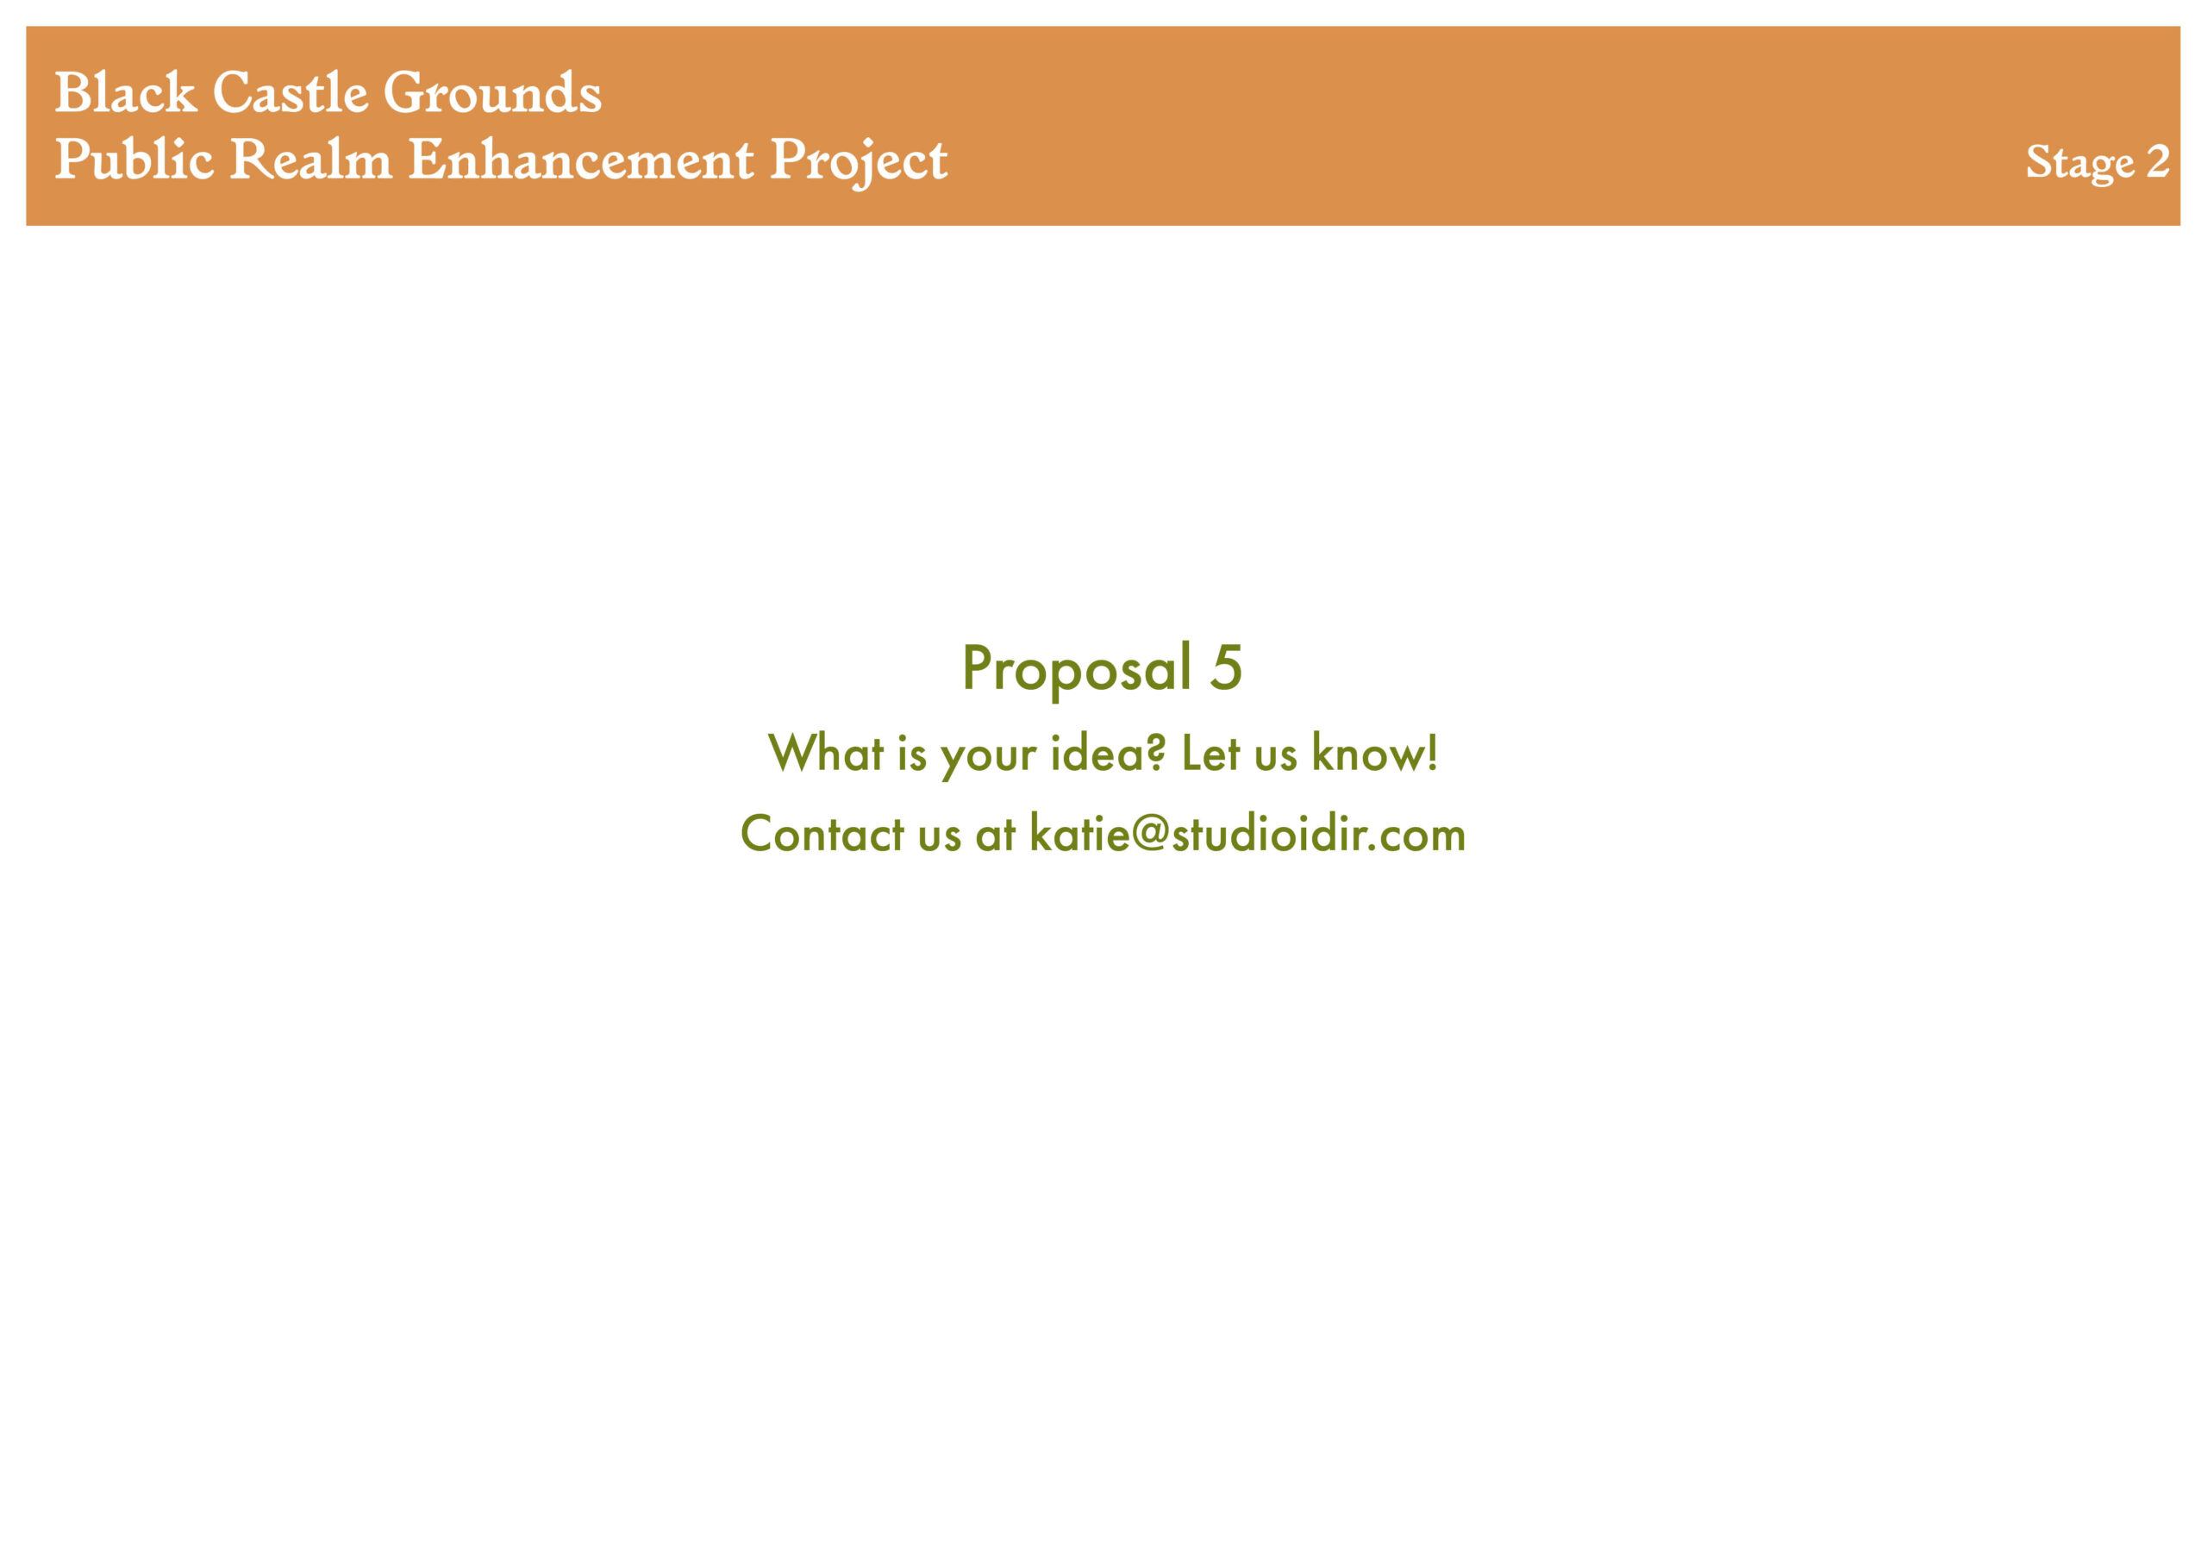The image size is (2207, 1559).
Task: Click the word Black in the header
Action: pyautogui.click(x=126, y=92)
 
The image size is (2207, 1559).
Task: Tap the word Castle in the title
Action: pyautogui.click(x=291, y=92)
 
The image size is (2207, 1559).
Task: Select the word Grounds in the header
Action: pyautogui.click(x=493, y=92)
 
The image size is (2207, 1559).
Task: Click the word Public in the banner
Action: pyautogui.click(x=134, y=159)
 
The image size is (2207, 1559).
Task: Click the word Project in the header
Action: pyautogui.click(x=860, y=162)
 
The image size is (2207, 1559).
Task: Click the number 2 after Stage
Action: pyautogui.click(x=2158, y=160)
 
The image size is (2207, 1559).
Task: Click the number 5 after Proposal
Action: pyautogui.click(x=1226, y=667)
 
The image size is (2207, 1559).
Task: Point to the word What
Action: pyautogui.click(x=826, y=753)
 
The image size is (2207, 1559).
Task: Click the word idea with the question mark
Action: pyautogui.click(x=1109, y=753)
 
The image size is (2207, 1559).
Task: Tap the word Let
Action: pyautogui.click(x=1211, y=753)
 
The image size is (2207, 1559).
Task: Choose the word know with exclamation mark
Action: pyautogui.click(x=1376, y=753)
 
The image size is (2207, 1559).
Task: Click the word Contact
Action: pyautogui.click(x=822, y=833)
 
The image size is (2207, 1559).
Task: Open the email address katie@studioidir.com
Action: pyautogui.click(x=1247, y=833)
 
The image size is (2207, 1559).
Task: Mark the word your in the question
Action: pyautogui.click(x=989, y=756)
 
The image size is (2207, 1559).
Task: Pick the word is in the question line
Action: pyautogui.click(x=912, y=753)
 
